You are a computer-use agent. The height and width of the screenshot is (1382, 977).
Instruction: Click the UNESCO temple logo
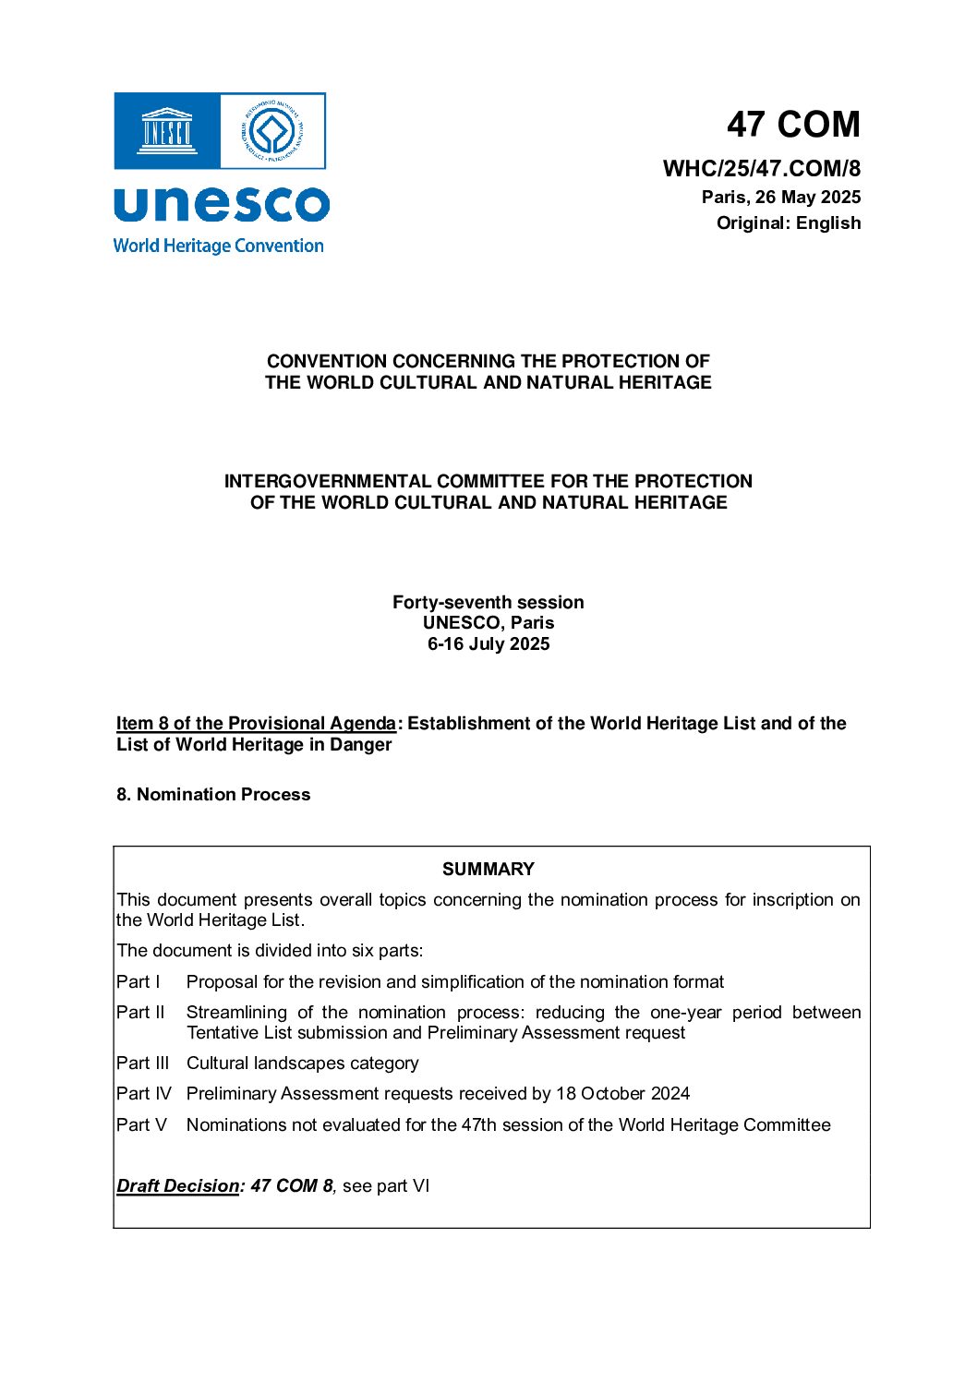point(166,130)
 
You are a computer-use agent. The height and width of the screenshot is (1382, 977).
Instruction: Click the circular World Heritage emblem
point(272,130)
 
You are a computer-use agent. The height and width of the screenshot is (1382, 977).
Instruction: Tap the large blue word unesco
point(221,204)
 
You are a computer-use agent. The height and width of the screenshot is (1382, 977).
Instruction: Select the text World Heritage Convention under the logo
point(218,246)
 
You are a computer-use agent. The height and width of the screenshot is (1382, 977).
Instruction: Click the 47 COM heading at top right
point(792,124)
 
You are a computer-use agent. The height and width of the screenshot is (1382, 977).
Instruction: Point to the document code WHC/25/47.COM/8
point(761,168)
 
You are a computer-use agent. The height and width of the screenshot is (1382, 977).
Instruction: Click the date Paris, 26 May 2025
point(780,197)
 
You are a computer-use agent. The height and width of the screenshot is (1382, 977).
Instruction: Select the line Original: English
point(788,222)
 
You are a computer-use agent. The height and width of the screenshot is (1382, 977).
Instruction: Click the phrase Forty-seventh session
point(488,602)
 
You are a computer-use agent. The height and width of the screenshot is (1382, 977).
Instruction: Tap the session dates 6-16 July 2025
point(488,643)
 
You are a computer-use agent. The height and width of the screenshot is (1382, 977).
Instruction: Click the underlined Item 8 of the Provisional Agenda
point(256,723)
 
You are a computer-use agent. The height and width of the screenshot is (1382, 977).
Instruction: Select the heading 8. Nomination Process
point(213,794)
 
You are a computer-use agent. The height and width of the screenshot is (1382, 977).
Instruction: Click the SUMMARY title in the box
point(488,869)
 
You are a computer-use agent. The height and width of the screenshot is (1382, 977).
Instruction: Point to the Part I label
point(139,981)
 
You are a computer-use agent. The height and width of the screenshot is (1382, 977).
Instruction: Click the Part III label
point(143,1063)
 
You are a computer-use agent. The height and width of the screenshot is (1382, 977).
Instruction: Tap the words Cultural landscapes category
point(302,1063)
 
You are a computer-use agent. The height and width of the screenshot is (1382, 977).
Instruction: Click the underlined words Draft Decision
point(177,1185)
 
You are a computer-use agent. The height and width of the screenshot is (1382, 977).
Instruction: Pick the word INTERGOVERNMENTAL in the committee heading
point(328,481)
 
